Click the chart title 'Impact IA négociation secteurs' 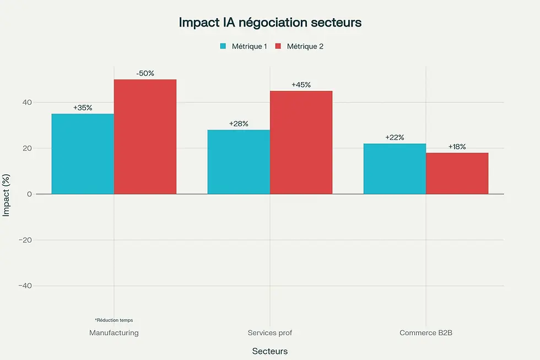[269, 23]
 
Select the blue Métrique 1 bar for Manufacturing [83, 154]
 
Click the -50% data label [145, 73]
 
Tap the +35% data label [83, 108]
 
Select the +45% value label [301, 85]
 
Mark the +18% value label [457, 147]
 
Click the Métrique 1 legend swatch [223, 46]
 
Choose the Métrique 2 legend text [305, 46]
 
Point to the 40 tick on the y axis [27, 103]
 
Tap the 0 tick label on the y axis [29, 194]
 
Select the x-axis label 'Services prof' [269, 333]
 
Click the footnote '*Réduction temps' [114, 320]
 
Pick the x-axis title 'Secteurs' [269, 351]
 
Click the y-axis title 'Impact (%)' [7, 194]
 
